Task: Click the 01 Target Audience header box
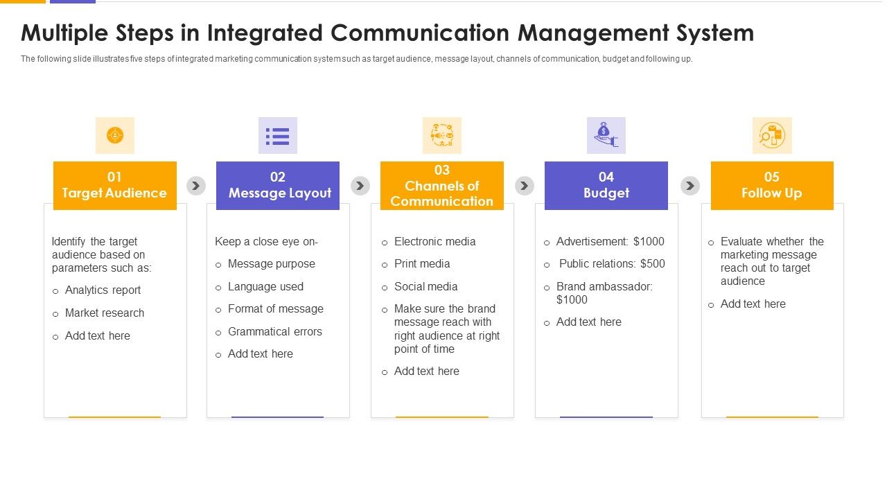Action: click(x=114, y=185)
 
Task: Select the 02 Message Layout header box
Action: click(x=278, y=185)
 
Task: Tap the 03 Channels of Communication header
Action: click(x=442, y=185)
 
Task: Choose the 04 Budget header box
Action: click(x=606, y=185)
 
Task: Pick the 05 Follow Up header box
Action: click(x=772, y=185)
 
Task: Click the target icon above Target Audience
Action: click(x=115, y=135)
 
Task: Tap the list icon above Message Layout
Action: click(x=278, y=135)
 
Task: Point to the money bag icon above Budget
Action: click(x=606, y=135)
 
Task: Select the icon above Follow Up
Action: click(x=772, y=135)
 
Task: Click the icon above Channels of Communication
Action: click(x=442, y=135)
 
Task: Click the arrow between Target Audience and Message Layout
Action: click(x=196, y=186)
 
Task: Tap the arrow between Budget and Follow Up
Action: click(x=690, y=186)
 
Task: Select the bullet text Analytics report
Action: click(x=103, y=290)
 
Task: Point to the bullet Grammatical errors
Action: click(x=274, y=332)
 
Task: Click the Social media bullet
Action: click(x=425, y=287)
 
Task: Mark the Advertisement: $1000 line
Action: click(x=610, y=242)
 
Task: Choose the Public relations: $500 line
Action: click(x=611, y=264)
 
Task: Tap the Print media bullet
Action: click(x=422, y=264)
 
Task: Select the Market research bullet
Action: click(x=105, y=313)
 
